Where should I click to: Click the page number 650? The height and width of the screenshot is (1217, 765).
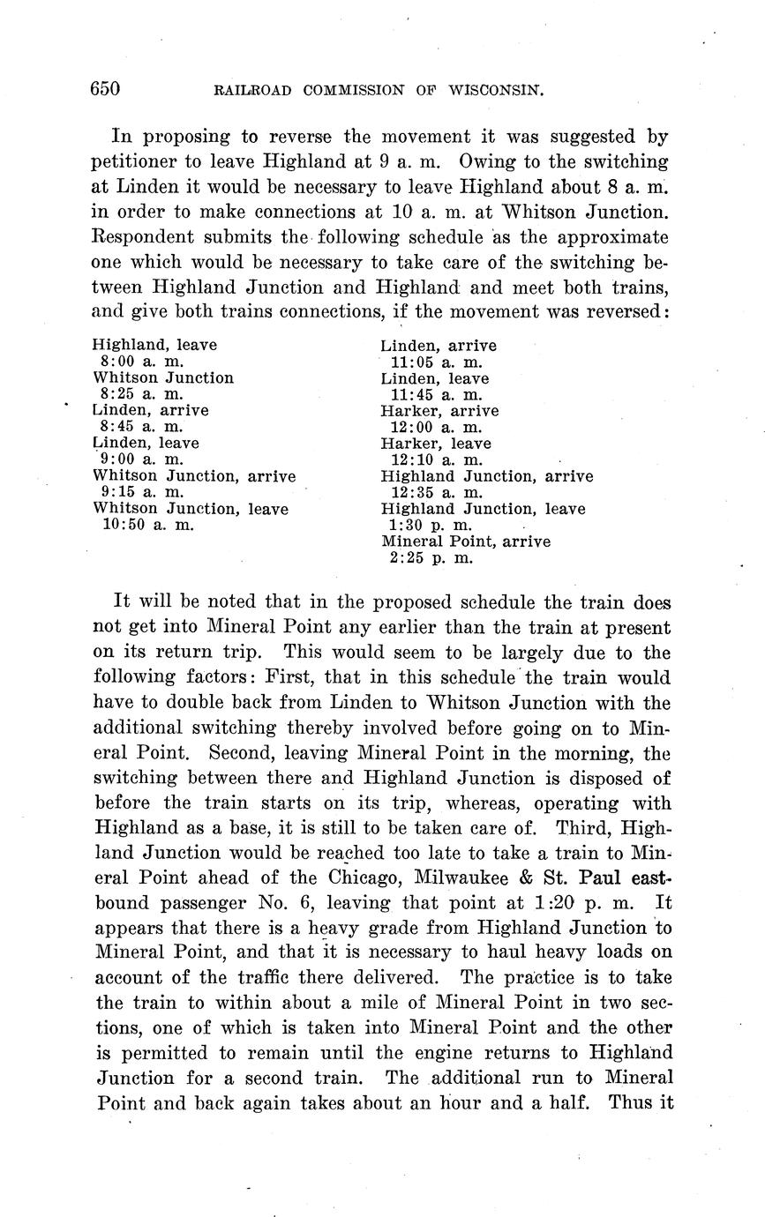(105, 89)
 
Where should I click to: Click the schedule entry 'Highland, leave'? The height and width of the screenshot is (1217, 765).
(154, 345)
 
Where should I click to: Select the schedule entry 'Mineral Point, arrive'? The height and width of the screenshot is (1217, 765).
(465, 541)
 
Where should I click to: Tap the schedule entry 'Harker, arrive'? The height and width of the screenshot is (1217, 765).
(439, 411)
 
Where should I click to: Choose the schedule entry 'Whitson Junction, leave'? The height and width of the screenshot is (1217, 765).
(191, 509)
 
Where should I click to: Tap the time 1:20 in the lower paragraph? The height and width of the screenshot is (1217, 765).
(556, 903)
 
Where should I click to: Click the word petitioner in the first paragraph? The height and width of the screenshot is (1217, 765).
(132, 162)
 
